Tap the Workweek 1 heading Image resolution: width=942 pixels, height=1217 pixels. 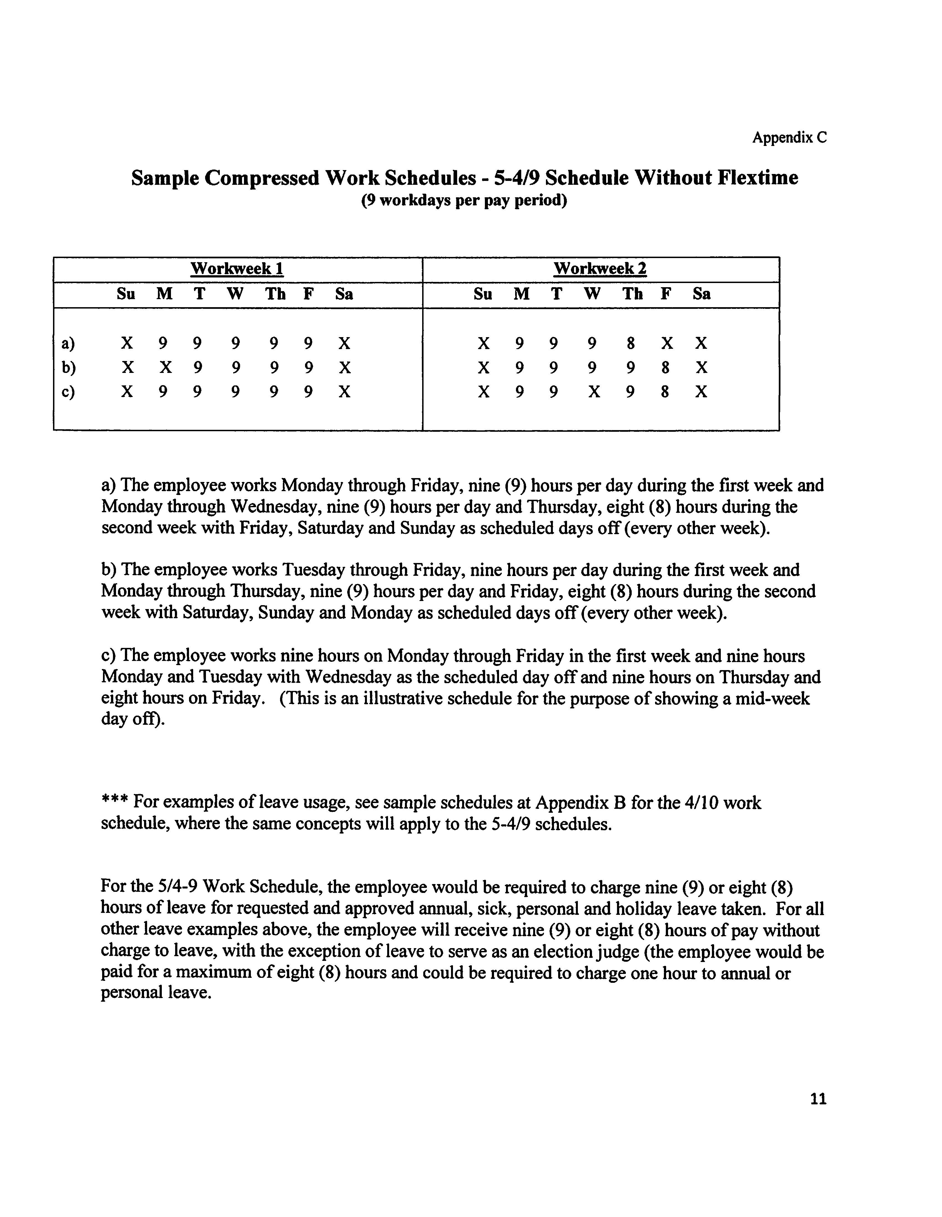(x=237, y=269)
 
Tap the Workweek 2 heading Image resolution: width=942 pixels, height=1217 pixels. (x=600, y=269)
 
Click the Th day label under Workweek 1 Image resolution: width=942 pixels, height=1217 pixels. (x=275, y=294)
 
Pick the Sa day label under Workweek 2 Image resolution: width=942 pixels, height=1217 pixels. (x=701, y=294)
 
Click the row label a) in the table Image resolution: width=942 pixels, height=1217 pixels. (x=68, y=343)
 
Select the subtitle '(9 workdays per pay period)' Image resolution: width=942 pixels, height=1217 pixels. (x=464, y=201)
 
